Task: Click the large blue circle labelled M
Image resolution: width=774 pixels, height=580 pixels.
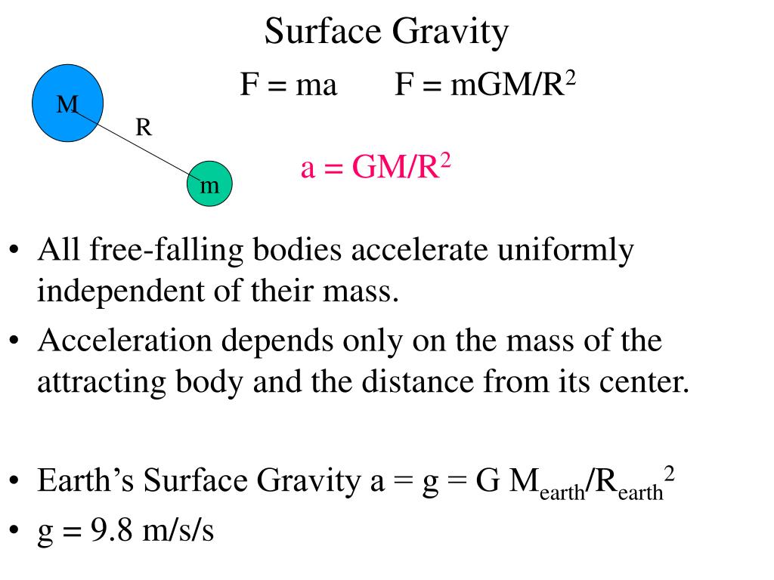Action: [x=67, y=103]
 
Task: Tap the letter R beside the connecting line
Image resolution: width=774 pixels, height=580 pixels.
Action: [x=144, y=128]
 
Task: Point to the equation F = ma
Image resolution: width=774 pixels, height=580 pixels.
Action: [x=288, y=85]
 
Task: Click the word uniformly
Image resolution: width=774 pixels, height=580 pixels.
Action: [x=564, y=251]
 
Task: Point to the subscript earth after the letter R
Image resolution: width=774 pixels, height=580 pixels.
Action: [x=641, y=492]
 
